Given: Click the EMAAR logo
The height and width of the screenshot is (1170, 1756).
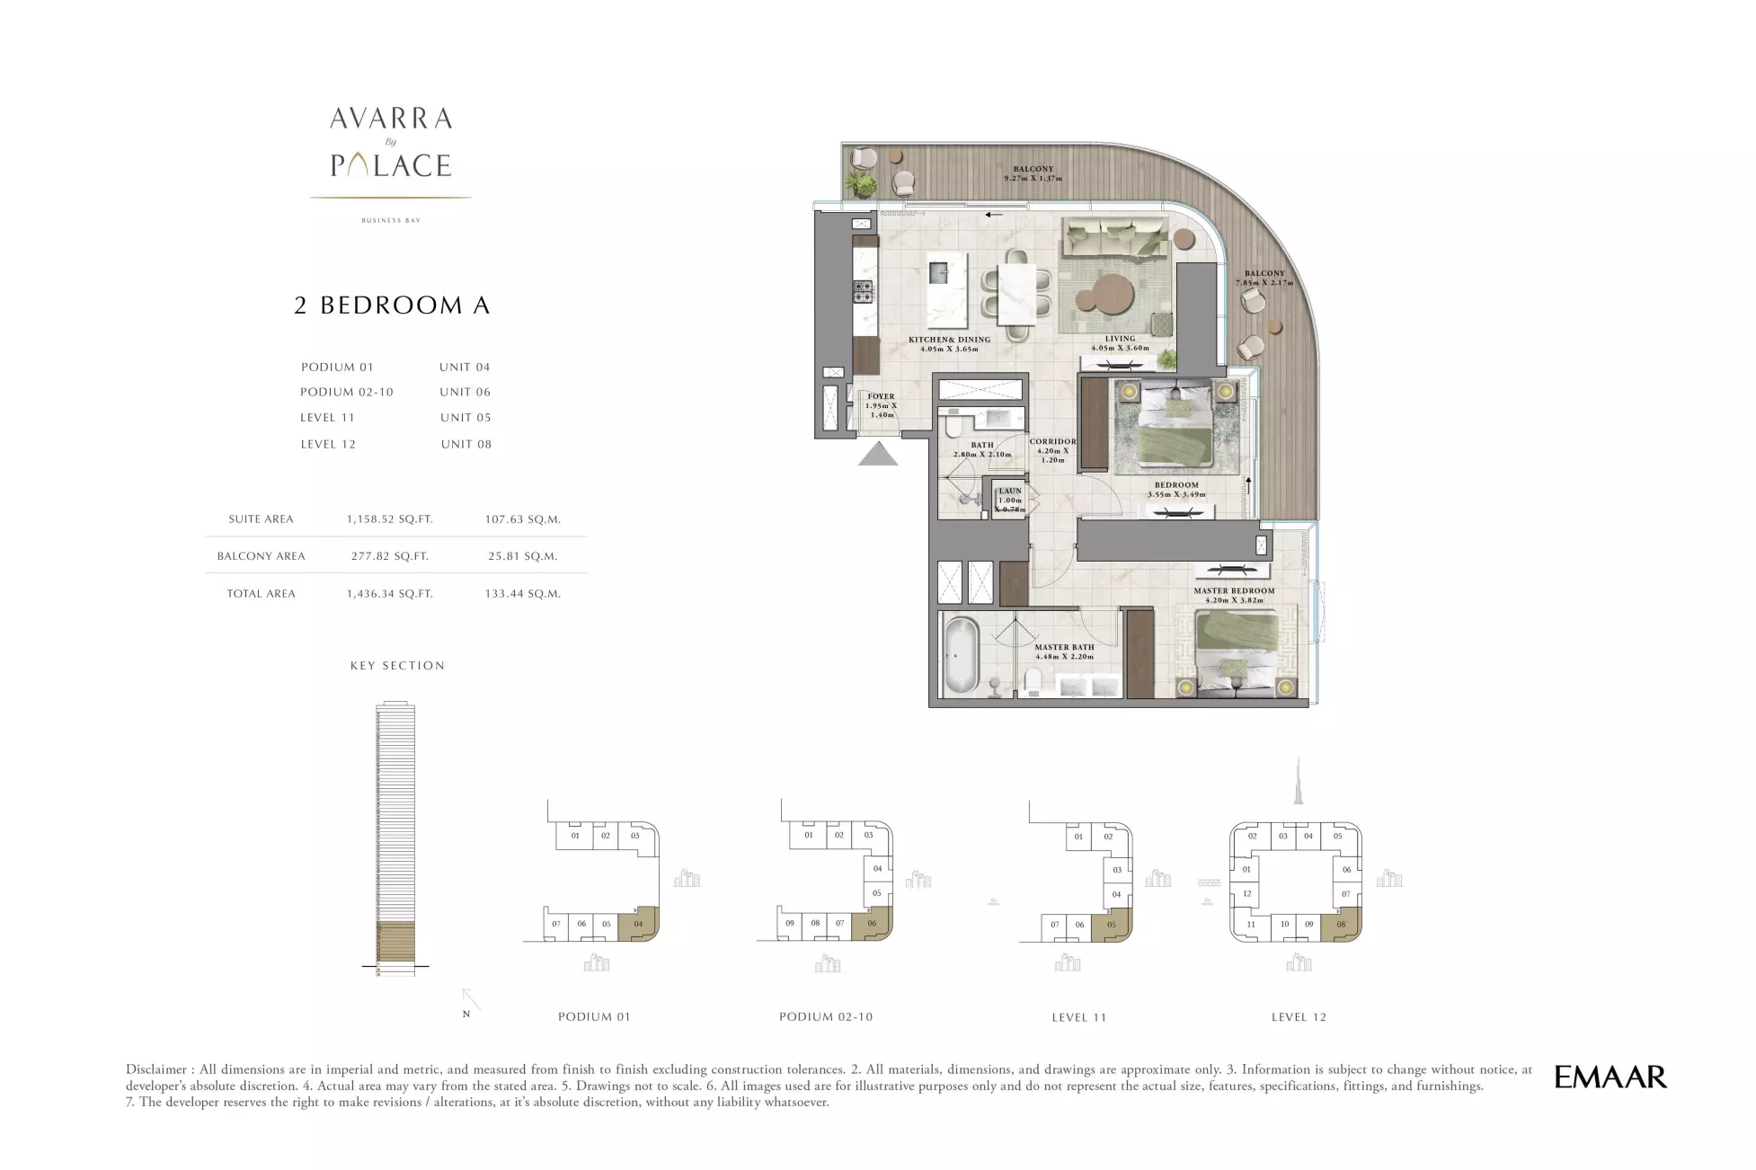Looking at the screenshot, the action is [x=1610, y=1077].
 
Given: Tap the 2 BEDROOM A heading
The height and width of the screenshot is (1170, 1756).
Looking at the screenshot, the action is [x=393, y=306].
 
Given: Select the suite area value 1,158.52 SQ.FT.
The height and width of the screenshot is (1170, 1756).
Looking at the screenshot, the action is [x=390, y=519].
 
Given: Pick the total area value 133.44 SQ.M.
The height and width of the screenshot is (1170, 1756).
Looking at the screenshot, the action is [x=523, y=594].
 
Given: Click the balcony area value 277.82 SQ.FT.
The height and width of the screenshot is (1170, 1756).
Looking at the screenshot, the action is [x=390, y=556].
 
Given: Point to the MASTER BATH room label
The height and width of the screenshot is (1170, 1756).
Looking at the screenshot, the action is [x=1064, y=647].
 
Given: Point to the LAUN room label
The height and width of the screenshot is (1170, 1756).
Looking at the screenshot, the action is [x=1010, y=492].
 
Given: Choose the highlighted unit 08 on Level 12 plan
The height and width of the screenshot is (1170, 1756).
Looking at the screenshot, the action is [x=1342, y=924].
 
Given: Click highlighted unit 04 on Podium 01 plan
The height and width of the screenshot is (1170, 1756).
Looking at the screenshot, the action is [x=639, y=924].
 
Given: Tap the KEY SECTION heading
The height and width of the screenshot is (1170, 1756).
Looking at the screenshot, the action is [x=398, y=666].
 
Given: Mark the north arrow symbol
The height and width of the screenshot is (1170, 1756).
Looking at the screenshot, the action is [x=471, y=1000].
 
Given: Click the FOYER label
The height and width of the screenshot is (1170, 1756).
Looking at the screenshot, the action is [x=882, y=396].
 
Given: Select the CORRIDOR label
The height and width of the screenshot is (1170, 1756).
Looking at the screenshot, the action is [x=1052, y=442].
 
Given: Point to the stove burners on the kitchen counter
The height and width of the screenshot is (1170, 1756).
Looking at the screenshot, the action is [x=862, y=291].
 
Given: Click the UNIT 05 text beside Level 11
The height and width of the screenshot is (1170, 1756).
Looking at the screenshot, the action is [x=466, y=418].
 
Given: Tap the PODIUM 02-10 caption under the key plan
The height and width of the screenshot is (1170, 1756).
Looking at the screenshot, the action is [x=826, y=1017].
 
